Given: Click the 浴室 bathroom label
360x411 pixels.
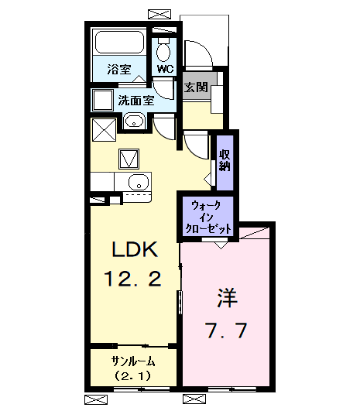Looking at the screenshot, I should pos(118,69).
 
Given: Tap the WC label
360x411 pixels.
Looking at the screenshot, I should pos(165,69).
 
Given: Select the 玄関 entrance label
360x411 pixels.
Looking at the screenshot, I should pos(195,87).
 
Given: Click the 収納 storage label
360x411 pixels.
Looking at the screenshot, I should pos(225,159).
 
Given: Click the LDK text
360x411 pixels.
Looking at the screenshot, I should pos(135,250).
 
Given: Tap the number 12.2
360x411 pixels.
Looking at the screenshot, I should pos(135,279).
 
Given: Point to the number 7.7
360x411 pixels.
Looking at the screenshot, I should pos(225,331).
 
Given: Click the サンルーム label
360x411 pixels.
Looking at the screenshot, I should pos(133,361).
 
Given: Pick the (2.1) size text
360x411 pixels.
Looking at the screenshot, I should pos(133,376).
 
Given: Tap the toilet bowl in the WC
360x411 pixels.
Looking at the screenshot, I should pos(164,52).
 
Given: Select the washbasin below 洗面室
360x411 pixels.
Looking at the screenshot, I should pos(134,122).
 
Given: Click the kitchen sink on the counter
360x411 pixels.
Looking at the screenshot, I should pos(138,183).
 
